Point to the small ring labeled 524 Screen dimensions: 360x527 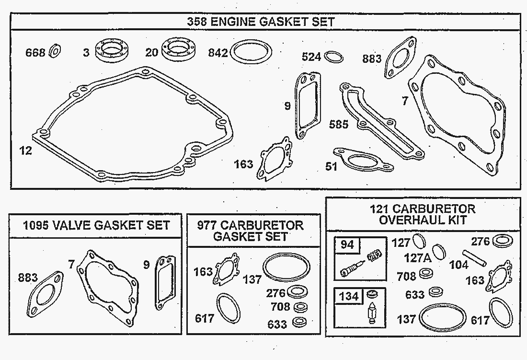(x=333, y=57)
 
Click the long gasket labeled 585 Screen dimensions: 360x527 (x=381, y=121)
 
